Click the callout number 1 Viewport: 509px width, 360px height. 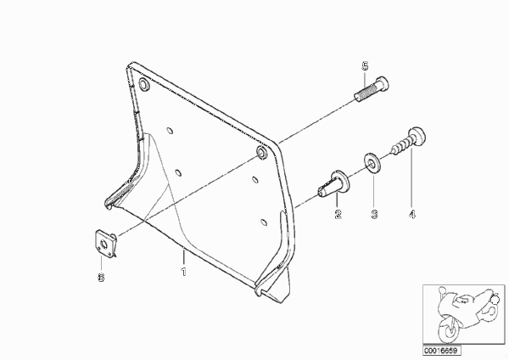click(x=184, y=272)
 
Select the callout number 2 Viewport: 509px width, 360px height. click(x=338, y=214)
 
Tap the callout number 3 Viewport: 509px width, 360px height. click(x=374, y=214)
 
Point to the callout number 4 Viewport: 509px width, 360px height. click(x=412, y=214)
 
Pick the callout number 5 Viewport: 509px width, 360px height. click(x=365, y=66)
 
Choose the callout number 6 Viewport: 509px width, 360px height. click(x=101, y=277)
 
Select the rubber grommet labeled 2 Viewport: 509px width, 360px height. click(x=333, y=183)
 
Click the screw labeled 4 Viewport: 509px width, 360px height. click(x=409, y=141)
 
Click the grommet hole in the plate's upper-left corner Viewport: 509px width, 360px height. click(x=143, y=84)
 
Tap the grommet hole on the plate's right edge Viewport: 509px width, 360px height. click(x=261, y=152)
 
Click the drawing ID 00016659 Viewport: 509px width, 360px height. click(x=441, y=351)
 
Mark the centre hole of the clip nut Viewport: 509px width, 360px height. click(x=104, y=244)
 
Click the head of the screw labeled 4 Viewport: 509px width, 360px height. click(x=417, y=136)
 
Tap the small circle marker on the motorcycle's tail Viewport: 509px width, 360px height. click(x=495, y=301)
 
